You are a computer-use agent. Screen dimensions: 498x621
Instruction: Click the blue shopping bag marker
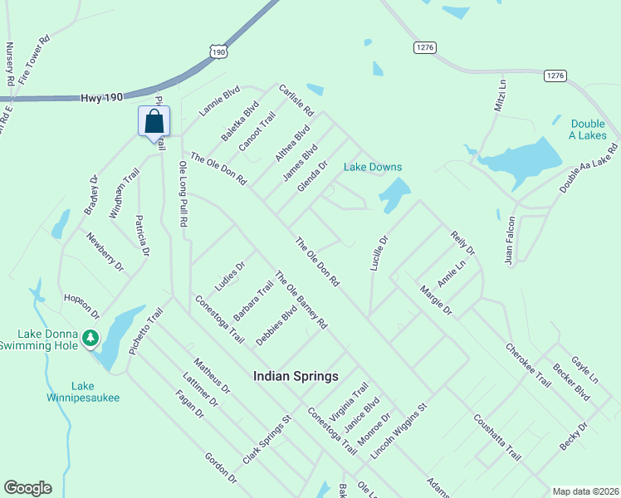(154, 121)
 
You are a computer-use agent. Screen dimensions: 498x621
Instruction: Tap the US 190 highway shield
(218, 51)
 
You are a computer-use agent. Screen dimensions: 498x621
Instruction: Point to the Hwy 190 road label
(102, 97)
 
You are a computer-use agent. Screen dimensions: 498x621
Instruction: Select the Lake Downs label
(373, 167)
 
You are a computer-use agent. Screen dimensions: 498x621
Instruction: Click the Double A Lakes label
(588, 129)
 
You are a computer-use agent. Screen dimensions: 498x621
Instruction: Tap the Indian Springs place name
(296, 376)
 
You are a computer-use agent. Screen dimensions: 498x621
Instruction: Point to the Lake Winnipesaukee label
(83, 392)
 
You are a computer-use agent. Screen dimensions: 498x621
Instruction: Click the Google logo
(27, 488)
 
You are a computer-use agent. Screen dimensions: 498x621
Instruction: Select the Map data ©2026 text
(585, 491)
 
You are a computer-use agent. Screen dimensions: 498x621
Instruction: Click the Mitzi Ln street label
(500, 95)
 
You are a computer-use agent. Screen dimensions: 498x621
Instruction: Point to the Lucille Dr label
(378, 252)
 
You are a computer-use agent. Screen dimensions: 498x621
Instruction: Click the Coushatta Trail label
(497, 438)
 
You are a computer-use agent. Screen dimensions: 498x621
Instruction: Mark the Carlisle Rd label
(296, 100)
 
